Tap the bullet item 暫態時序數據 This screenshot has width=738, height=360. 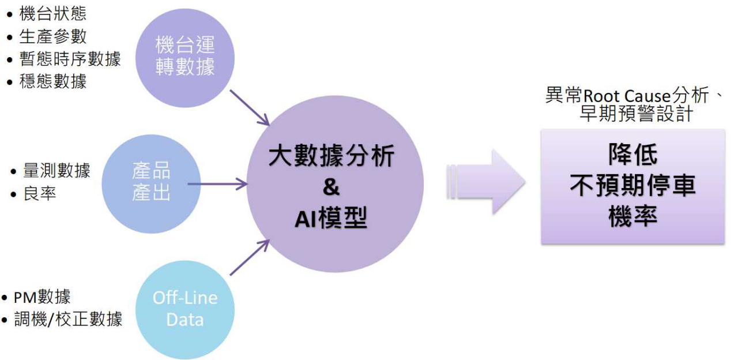[x=70, y=59]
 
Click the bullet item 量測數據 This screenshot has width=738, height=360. [x=57, y=171]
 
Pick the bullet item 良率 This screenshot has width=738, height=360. [x=40, y=194]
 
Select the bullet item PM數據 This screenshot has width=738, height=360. [x=42, y=297]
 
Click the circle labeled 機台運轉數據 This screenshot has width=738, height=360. [x=185, y=56]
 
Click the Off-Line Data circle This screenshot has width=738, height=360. [x=185, y=309]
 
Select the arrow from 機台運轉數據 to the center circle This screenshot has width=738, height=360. [x=250, y=107]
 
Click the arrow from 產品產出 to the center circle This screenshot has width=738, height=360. [x=218, y=185]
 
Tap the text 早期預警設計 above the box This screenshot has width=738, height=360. [x=636, y=114]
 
